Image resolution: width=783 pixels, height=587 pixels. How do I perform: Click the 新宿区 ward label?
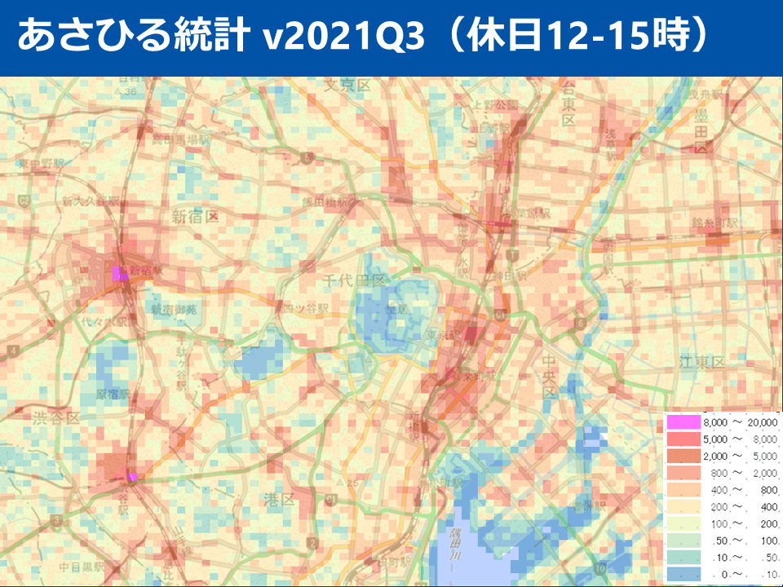pos(195,216)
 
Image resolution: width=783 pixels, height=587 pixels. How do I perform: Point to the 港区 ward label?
pos(280,499)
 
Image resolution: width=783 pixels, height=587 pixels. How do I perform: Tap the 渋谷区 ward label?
pos(56,418)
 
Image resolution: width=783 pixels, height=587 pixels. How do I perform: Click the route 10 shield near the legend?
pos(600,567)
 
